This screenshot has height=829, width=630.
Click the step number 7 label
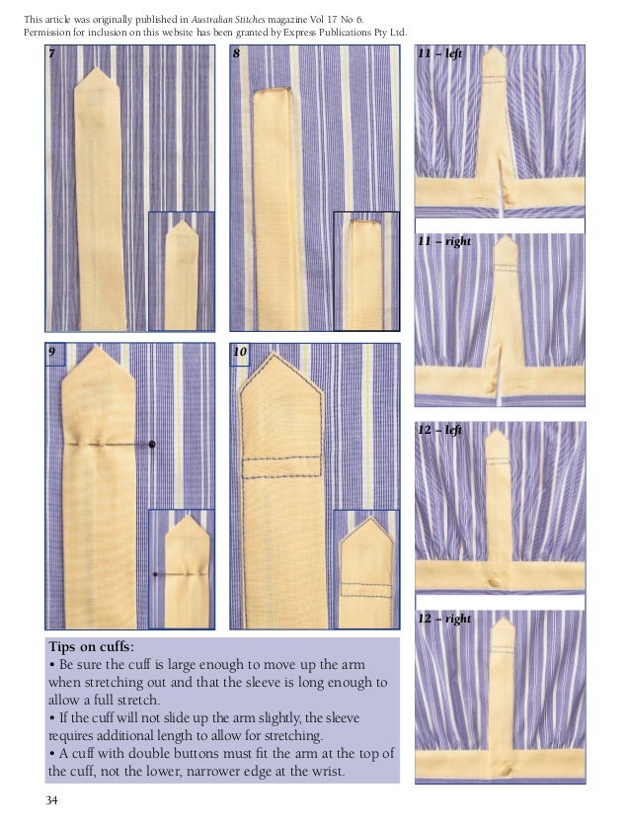click(x=52, y=55)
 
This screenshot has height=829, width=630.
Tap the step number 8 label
click(x=237, y=55)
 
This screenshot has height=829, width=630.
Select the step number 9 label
click(x=52, y=353)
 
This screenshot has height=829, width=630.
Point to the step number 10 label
click(x=240, y=353)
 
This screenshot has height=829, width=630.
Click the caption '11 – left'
click(x=439, y=55)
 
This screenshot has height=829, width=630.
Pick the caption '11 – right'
click(x=442, y=241)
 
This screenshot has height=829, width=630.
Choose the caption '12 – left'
click(x=439, y=431)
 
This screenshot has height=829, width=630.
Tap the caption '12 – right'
click(x=442, y=619)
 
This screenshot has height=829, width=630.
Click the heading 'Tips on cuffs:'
click(x=94, y=646)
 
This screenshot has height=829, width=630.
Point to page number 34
click(x=52, y=799)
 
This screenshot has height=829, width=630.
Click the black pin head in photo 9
click(x=151, y=446)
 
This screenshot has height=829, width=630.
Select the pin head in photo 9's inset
click(x=155, y=574)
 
